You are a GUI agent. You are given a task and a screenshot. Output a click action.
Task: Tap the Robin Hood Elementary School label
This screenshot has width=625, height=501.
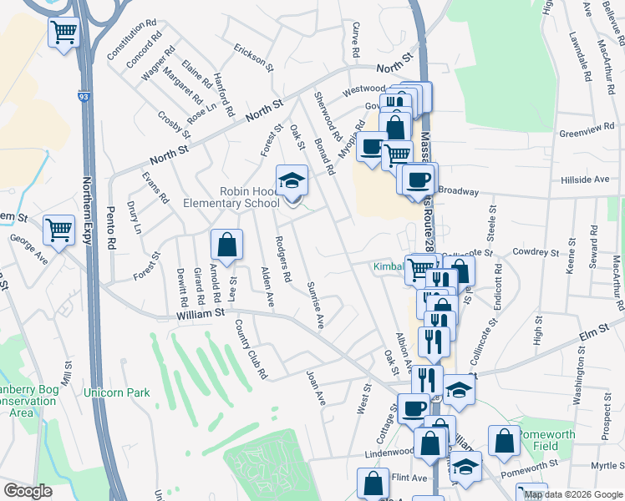tap(249, 197)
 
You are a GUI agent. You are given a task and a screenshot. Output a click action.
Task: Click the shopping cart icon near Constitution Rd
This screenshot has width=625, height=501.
tap(64, 33)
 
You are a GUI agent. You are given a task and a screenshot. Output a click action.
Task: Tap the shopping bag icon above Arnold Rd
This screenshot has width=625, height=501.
tap(226, 245)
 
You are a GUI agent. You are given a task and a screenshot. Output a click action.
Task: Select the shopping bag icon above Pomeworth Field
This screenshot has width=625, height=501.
tap(505, 442)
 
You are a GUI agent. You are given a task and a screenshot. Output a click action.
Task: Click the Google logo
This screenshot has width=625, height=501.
tap(27, 490)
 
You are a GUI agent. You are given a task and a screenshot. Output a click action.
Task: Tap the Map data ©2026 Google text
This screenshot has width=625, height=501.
tap(572, 494)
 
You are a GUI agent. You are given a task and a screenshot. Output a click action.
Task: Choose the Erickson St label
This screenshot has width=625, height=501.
tap(253, 56)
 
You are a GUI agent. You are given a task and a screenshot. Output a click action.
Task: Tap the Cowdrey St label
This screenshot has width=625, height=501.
tap(536, 251)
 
